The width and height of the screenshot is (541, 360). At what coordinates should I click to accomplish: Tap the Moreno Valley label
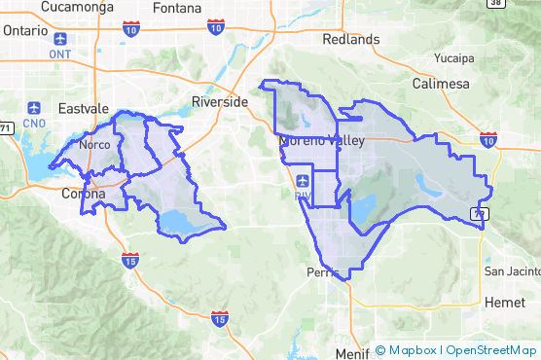point(321,141)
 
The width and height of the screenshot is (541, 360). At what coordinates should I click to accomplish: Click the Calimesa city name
point(440,85)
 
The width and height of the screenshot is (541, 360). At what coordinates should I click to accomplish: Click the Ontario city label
point(24,30)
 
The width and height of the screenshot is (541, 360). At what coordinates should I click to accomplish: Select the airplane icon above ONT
point(61,40)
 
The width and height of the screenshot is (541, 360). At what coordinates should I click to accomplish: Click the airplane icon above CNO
point(35,108)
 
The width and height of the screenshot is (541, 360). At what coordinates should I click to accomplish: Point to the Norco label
point(94,145)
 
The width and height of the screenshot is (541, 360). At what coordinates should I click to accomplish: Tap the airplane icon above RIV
point(303,180)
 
